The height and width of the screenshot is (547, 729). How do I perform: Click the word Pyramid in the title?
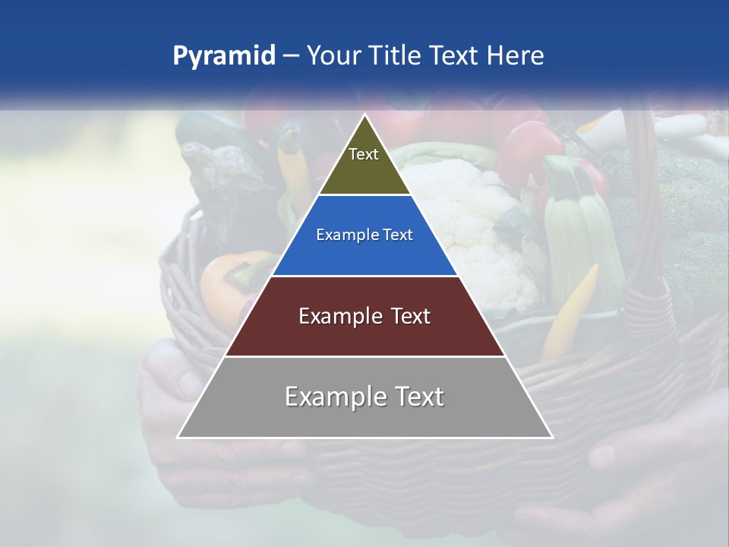click(x=224, y=56)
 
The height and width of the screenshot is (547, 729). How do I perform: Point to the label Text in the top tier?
click(x=364, y=154)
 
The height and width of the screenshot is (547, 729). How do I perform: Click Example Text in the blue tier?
click(x=364, y=235)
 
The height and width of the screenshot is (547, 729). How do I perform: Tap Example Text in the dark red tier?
click(x=364, y=316)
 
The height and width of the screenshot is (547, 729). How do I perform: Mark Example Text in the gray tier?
click(x=364, y=397)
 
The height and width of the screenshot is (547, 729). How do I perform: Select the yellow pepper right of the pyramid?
click(x=570, y=311)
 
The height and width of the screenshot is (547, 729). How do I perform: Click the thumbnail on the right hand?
click(x=602, y=456)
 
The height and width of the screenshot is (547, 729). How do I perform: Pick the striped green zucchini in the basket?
click(x=581, y=228)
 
